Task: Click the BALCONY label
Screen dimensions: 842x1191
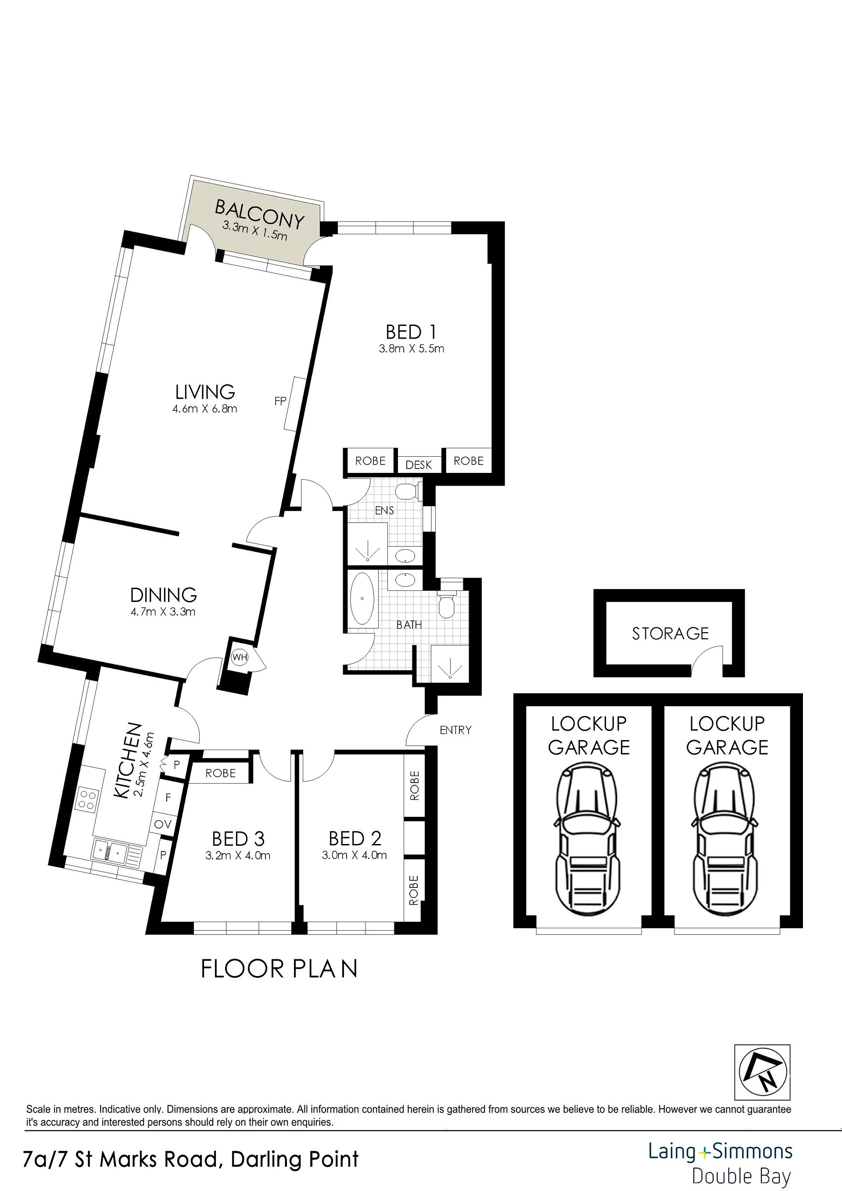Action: coord(259,214)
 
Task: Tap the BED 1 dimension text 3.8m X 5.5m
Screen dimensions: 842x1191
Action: coord(412,349)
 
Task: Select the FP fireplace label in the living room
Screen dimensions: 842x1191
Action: coord(281,401)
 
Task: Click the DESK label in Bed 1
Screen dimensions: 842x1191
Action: coord(419,465)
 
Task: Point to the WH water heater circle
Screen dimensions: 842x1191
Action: coord(240,657)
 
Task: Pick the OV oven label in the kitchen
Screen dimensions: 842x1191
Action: coord(163,824)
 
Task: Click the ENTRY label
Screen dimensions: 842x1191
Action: coord(455,730)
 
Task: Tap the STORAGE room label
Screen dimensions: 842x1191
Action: coord(670,633)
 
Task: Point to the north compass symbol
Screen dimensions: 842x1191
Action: coord(762,1072)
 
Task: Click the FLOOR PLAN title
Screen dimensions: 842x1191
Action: coord(279,969)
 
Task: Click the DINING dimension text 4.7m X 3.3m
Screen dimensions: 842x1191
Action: coord(163,612)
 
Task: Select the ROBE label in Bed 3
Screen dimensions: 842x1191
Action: coord(221,773)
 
